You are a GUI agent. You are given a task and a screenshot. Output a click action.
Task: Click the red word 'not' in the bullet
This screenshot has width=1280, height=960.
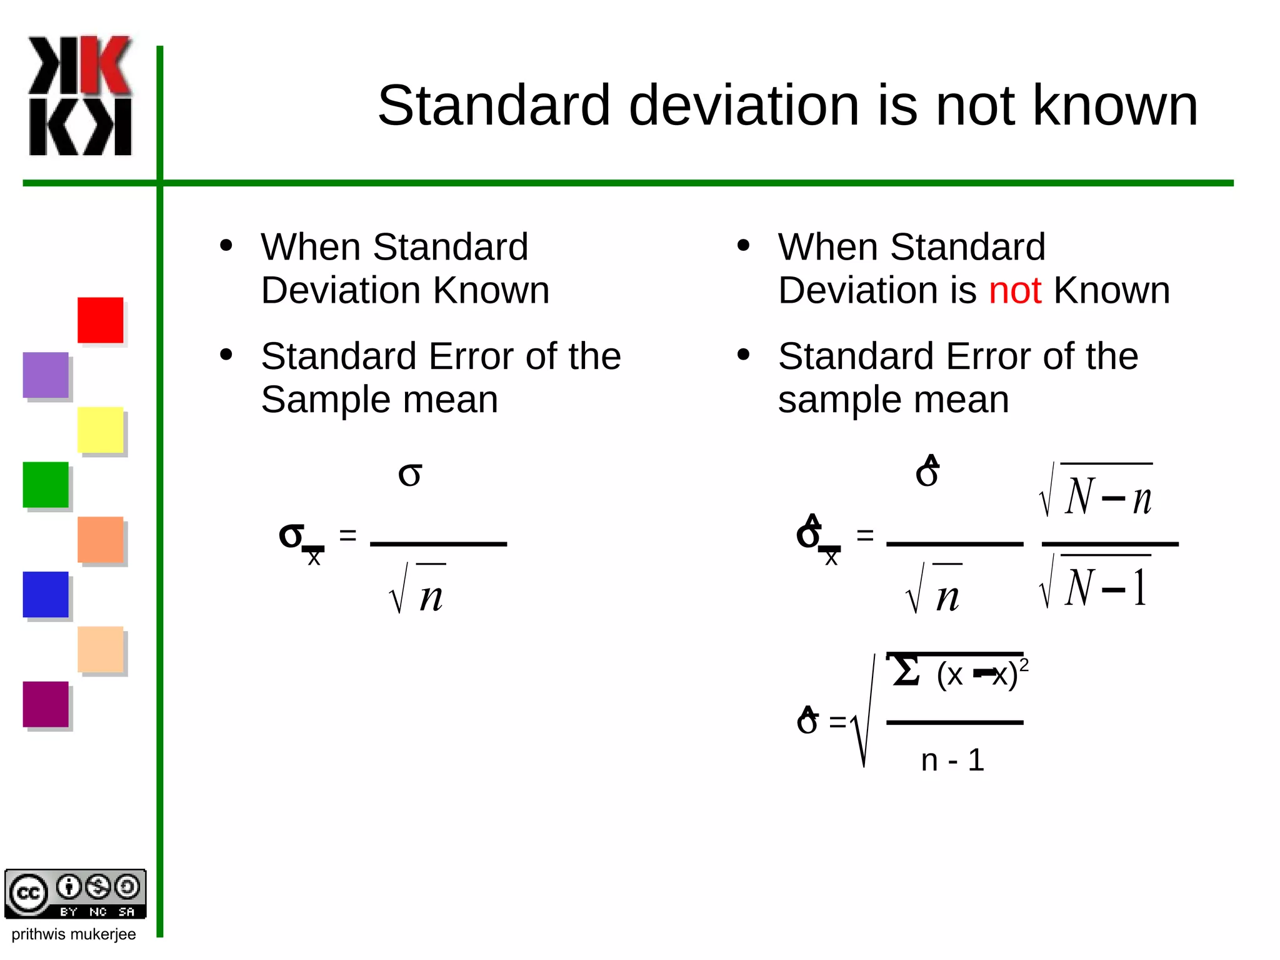(1014, 291)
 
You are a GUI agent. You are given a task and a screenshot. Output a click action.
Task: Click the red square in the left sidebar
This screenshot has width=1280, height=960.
(100, 320)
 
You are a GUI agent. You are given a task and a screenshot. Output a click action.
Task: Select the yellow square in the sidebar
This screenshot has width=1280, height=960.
(100, 430)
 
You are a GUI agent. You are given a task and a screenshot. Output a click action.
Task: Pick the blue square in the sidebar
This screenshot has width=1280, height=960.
(46, 594)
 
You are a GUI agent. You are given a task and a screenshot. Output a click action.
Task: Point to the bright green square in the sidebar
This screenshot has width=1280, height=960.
(46, 485)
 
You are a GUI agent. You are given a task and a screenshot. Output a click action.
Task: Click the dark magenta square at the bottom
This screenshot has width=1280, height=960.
(46, 704)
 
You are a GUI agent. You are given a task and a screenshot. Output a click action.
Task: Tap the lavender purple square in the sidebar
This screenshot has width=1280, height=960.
(46, 375)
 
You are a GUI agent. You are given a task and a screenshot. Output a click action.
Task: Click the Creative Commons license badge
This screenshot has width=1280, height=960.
(75, 894)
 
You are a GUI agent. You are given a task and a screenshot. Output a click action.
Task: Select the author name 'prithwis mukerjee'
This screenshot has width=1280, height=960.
(74, 934)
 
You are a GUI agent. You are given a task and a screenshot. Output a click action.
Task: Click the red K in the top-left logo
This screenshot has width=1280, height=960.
(106, 65)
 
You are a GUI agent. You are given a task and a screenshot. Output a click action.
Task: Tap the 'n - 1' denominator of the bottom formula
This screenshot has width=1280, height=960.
(952, 760)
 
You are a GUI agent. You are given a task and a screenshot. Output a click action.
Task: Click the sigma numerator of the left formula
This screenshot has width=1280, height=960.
(410, 474)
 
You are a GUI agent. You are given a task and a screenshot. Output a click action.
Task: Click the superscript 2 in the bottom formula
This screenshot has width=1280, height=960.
(1024, 665)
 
